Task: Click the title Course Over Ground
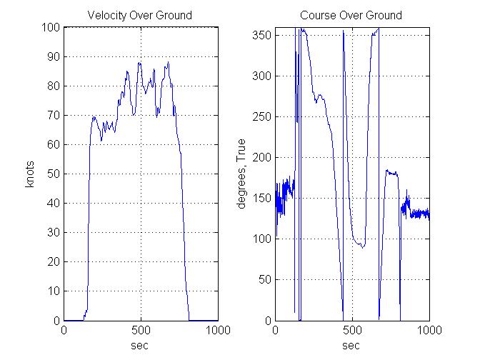[351, 15]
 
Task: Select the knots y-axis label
[30, 174]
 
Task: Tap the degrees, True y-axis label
[241, 174]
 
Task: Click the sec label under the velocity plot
[140, 345]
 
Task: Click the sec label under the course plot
[351, 345]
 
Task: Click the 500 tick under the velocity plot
[140, 331]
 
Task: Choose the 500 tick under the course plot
[351, 331]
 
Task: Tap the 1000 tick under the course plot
[428, 331]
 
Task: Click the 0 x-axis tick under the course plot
[276, 331]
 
